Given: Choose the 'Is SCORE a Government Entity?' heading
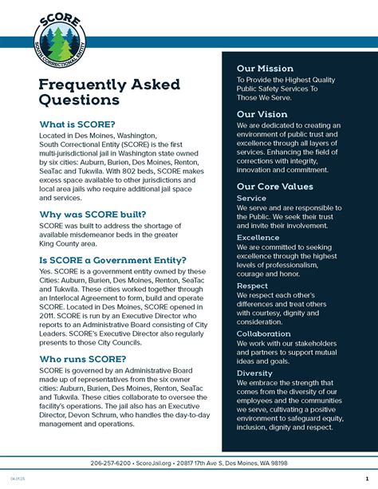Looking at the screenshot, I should point(112,260).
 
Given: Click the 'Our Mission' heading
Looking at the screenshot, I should point(265,69).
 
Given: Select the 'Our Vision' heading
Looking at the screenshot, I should point(261,114).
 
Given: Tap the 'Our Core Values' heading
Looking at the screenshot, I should point(274,186).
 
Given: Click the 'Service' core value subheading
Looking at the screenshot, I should point(252,198).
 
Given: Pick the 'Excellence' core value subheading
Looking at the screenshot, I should point(258,238).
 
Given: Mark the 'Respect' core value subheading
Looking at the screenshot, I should point(253,285).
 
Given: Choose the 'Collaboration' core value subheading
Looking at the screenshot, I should point(263,333).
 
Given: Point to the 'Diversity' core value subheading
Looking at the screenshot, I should point(254,373).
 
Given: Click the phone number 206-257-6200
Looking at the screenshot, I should point(112,463).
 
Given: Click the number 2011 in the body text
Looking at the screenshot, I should point(50,315).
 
